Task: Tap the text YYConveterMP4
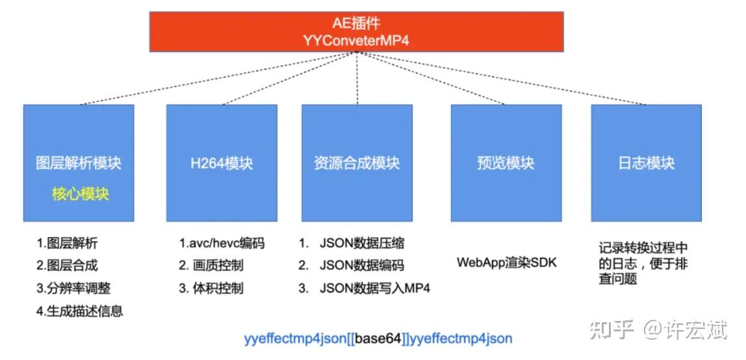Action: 356,40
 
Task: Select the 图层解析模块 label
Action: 79,162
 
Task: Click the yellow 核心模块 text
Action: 81,194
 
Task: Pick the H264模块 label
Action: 222,162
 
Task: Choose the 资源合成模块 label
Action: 357,162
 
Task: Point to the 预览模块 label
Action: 506,162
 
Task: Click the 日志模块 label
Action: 646,162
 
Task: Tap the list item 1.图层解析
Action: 68,244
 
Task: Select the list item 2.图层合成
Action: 68,266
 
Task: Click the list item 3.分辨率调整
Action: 73,288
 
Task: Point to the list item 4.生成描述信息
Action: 79,311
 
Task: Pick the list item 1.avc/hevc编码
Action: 222,244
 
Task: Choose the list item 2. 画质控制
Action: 211,266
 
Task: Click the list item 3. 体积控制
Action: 211,288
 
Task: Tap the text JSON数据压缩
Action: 362,244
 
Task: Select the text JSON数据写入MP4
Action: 375,288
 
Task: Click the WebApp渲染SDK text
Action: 507,263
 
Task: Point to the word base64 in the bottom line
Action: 378,339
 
